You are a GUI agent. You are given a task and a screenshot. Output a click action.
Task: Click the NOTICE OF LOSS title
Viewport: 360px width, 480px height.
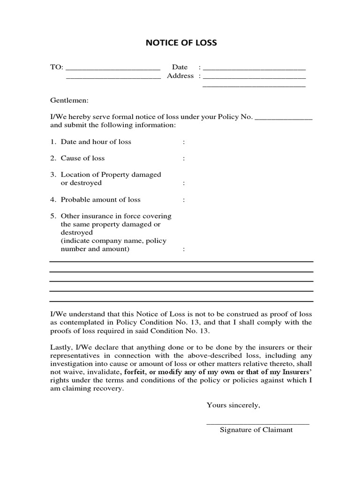click(x=181, y=43)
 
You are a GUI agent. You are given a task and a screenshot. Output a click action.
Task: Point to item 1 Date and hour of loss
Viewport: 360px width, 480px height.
click(x=96, y=142)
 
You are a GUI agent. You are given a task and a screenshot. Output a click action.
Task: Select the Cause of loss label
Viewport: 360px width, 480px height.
click(x=82, y=158)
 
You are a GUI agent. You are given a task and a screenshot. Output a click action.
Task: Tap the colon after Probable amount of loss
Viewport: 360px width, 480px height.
click(x=184, y=200)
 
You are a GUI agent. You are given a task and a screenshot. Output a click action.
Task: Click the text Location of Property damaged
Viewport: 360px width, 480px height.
click(x=111, y=174)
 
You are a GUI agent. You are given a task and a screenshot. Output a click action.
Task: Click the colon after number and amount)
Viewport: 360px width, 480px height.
click(x=184, y=249)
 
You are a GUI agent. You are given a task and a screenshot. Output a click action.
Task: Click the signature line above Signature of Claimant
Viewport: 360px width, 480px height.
click(x=258, y=424)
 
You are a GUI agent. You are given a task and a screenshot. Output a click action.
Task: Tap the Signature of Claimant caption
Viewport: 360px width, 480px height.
click(x=256, y=430)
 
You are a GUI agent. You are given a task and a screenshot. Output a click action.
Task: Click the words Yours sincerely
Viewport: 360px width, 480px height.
click(x=233, y=405)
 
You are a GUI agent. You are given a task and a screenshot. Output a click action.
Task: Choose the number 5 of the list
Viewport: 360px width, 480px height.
click(x=53, y=216)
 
